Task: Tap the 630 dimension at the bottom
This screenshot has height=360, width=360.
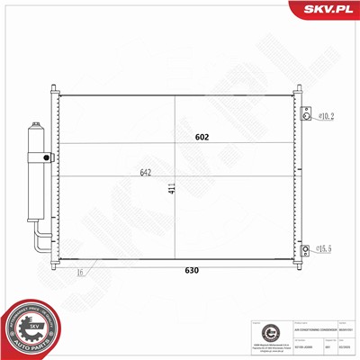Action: click(191, 269)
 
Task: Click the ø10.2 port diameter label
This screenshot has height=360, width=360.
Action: click(326, 115)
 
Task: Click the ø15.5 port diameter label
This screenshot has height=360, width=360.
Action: click(326, 248)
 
